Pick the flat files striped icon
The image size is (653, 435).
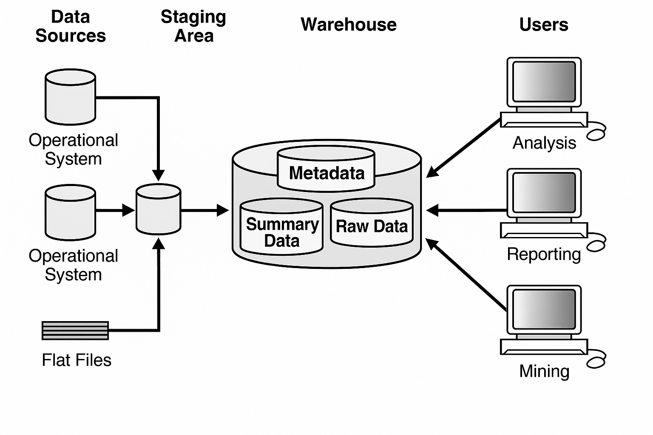click(x=75, y=330)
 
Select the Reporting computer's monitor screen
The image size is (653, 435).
click(x=544, y=193)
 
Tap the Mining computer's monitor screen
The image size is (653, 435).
click(x=544, y=309)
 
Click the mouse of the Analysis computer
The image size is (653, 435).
click(x=596, y=135)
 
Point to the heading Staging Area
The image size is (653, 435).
click(x=193, y=26)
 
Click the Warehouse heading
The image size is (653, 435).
click(x=348, y=25)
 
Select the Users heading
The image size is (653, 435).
click(x=544, y=25)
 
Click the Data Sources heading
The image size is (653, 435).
click(x=71, y=26)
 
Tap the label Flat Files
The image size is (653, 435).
click(x=77, y=360)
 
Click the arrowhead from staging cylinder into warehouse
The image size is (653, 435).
click(x=223, y=210)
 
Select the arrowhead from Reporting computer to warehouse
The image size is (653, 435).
click(x=432, y=210)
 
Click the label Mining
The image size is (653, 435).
click(x=544, y=371)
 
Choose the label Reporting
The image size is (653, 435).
click(x=544, y=254)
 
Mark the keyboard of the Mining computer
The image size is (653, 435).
click(x=544, y=347)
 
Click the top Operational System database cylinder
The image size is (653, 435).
click(x=71, y=97)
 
